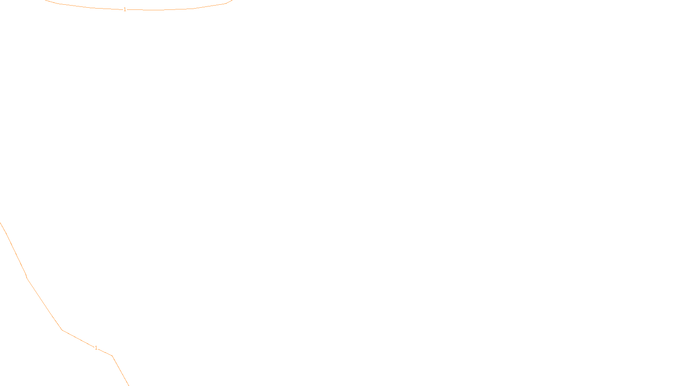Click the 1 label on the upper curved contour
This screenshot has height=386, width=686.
(x=125, y=9)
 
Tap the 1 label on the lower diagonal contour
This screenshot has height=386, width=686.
(x=96, y=348)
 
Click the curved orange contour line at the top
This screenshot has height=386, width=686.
(x=171, y=9)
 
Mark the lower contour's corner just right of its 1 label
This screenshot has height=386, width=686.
(x=112, y=356)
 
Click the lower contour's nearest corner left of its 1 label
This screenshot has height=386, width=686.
(x=62, y=330)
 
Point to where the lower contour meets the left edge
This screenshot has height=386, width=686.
(x=0, y=223)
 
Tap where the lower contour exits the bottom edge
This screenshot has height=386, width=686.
(x=128, y=385)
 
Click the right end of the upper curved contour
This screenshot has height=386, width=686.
(x=232, y=0)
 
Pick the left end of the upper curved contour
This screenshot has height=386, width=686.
(x=45, y=0)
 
